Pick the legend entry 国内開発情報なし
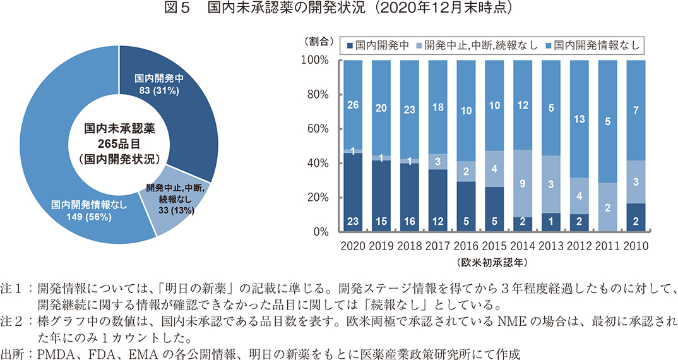coord(596,45)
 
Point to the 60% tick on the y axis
coord(316,129)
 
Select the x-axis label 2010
coord(634,246)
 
